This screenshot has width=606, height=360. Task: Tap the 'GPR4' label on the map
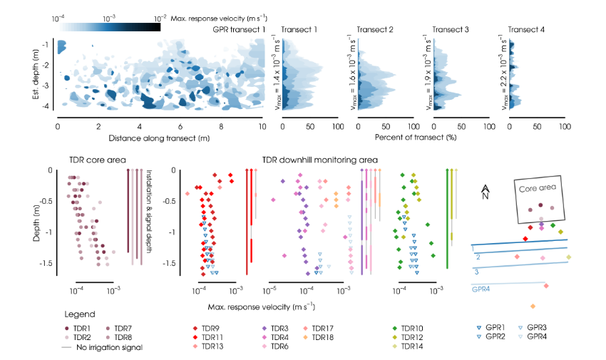click(x=481, y=289)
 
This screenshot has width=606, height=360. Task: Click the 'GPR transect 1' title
click(x=239, y=30)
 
